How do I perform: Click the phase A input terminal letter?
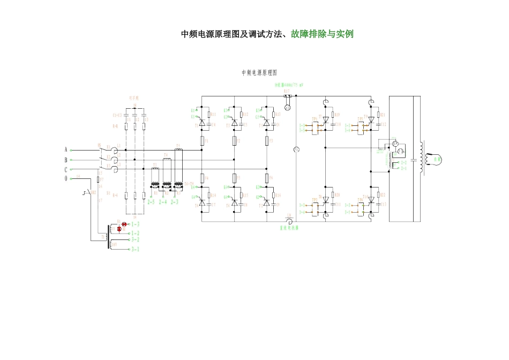coord(66,149)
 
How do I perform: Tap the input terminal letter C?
coord(66,169)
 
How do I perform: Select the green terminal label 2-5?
coord(151,201)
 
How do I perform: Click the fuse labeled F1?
coord(201,141)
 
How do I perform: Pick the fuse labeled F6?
coord(267,178)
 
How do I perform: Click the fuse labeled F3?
coord(267,141)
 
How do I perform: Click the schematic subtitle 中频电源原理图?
coord(260,72)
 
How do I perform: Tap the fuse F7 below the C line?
coord(99,179)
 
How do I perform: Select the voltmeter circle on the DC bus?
coord(296,149)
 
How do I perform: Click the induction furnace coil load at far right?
coord(437,160)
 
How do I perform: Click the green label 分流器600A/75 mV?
coord(289,85)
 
